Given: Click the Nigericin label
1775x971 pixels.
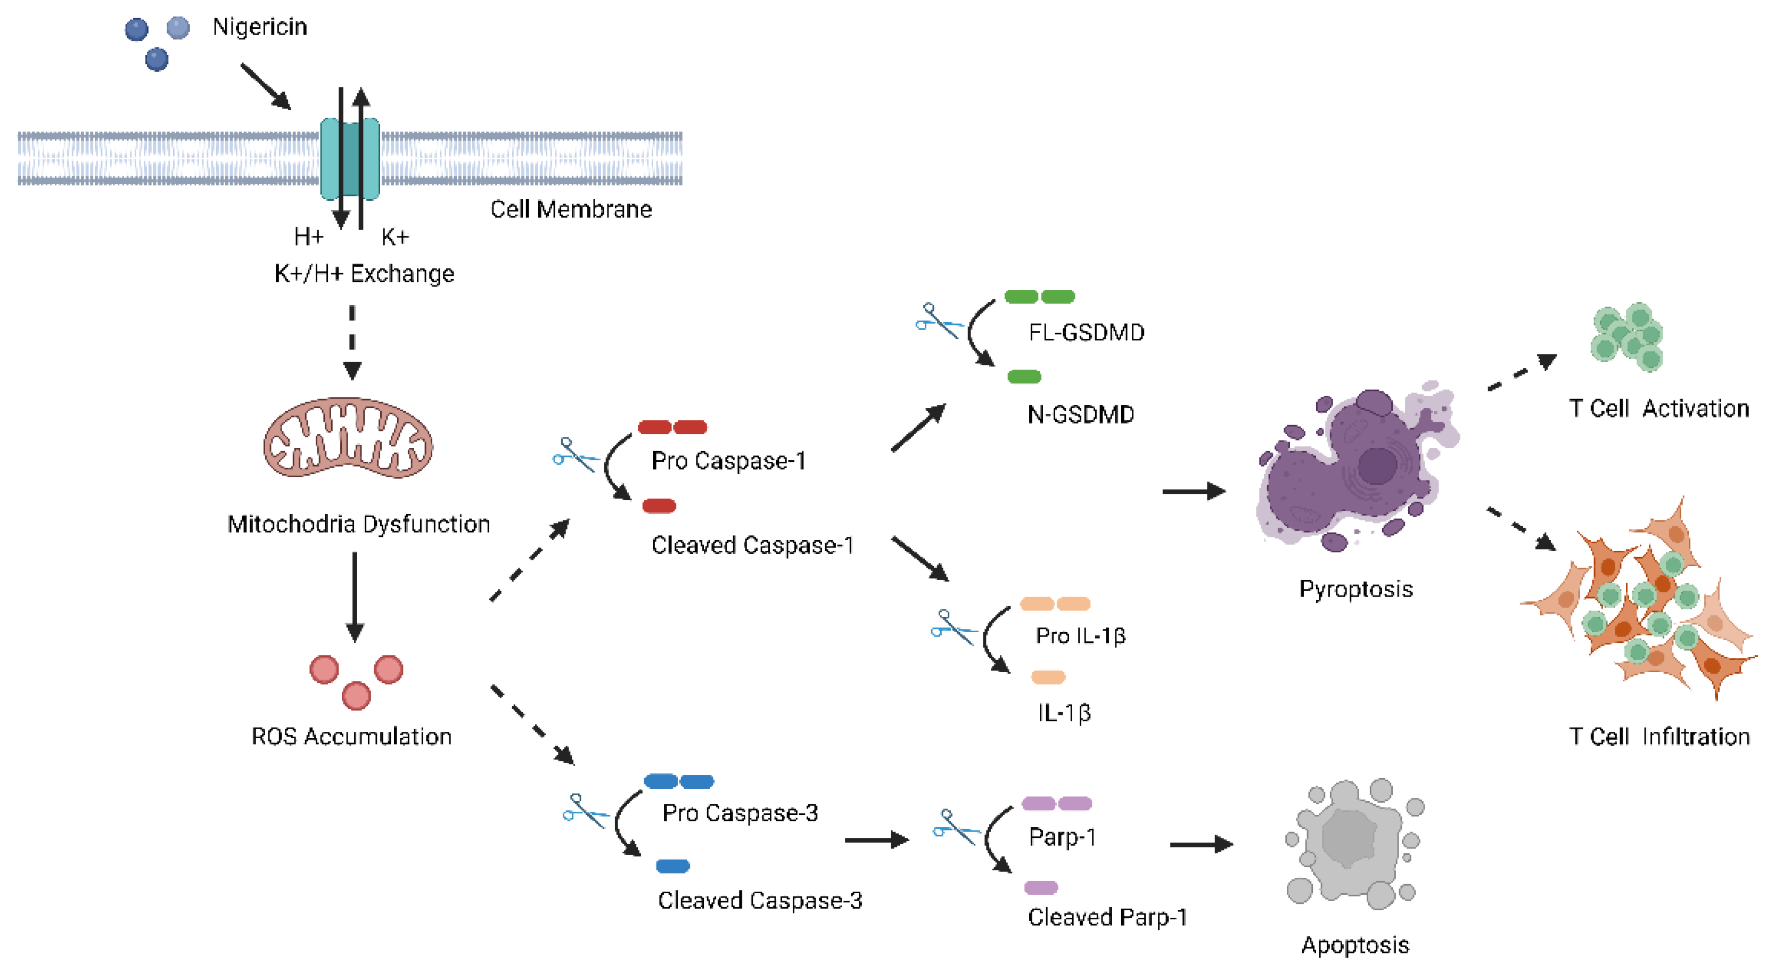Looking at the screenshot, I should [x=259, y=27].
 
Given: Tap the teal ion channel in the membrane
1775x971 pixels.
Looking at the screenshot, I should [x=349, y=159].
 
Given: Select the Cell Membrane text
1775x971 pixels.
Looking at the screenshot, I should [x=571, y=209].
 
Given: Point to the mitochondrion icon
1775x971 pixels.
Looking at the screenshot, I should [x=348, y=438].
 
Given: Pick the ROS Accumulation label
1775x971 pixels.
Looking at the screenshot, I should [x=351, y=736].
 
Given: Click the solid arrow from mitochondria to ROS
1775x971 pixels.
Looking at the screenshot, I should [x=355, y=596].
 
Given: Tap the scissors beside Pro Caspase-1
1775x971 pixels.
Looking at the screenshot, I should [x=574, y=455].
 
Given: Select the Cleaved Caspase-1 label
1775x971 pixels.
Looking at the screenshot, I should [x=752, y=545].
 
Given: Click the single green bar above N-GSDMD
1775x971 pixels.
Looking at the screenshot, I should [x=1024, y=376].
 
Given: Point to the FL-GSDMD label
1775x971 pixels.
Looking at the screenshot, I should [x=1086, y=332].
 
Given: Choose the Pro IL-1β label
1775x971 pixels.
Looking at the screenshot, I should [x=1080, y=635].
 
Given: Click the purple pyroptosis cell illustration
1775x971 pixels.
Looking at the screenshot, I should [x=1354, y=469].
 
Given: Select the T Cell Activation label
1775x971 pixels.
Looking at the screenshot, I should [x=1658, y=408].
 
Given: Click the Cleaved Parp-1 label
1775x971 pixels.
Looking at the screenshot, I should [x=1107, y=917].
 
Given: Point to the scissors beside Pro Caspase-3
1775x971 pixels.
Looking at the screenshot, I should [x=585, y=811].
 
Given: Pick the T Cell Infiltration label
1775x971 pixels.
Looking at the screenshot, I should [x=1658, y=736].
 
